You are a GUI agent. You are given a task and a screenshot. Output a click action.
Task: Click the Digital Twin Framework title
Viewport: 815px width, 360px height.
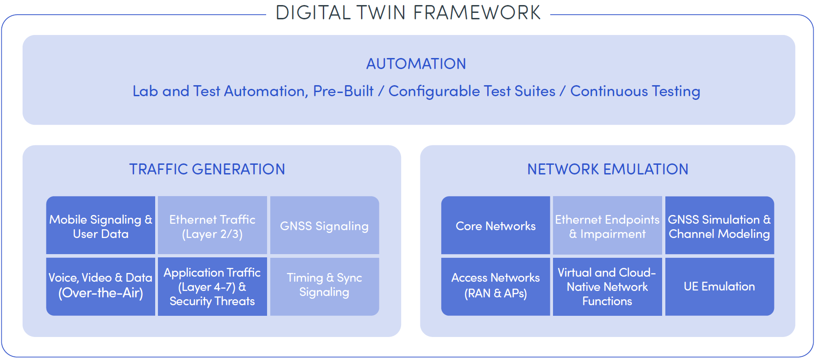pyautogui.click(x=408, y=12)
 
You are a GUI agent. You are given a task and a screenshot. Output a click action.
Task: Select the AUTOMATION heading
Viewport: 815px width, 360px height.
pyautogui.click(x=416, y=64)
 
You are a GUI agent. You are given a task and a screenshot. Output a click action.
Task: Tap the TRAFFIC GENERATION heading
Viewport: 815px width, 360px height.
pyautogui.click(x=207, y=169)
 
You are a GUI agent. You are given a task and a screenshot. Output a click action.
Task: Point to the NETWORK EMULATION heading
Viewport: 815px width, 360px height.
pyautogui.click(x=608, y=169)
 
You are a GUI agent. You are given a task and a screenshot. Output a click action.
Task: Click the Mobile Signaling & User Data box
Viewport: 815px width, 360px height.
pyautogui.click(x=100, y=225)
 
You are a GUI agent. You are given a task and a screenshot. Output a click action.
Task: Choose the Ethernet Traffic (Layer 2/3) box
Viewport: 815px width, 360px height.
pyautogui.click(x=212, y=225)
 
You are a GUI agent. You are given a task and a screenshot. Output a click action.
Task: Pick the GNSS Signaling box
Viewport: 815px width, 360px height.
pyautogui.click(x=325, y=225)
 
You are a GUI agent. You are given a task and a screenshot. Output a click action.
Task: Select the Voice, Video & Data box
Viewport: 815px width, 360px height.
pyautogui.click(x=100, y=286)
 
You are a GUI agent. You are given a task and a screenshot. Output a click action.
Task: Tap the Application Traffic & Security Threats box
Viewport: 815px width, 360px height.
pyautogui.click(x=212, y=286)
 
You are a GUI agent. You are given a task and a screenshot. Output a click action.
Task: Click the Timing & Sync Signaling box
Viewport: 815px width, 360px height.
pyautogui.click(x=325, y=286)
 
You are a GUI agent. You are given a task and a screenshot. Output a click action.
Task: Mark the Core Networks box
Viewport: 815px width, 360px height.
pyautogui.click(x=495, y=225)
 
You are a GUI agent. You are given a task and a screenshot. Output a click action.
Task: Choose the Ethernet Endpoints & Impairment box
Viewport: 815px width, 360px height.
pyautogui.click(x=607, y=225)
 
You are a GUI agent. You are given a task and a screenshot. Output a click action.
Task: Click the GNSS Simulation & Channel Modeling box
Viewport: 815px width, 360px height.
pyautogui.click(x=720, y=225)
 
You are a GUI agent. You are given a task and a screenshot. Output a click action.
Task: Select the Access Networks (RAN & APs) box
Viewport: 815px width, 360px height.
pyautogui.click(x=495, y=286)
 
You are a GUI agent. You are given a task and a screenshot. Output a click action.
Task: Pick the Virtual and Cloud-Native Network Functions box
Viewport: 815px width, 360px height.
pyautogui.click(x=607, y=286)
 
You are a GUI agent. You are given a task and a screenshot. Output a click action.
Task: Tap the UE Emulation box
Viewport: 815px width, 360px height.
pyautogui.click(x=720, y=286)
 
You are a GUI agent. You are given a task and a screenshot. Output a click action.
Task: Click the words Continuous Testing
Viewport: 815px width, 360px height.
pyautogui.click(x=635, y=92)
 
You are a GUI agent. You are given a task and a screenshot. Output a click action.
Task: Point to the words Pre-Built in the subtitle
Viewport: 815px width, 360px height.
pyautogui.click(x=343, y=91)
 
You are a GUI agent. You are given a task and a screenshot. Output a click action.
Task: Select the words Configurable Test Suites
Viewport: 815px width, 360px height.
pyautogui.click(x=472, y=92)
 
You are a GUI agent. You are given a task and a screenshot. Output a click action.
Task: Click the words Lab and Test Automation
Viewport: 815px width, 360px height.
pyautogui.click(x=219, y=91)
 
